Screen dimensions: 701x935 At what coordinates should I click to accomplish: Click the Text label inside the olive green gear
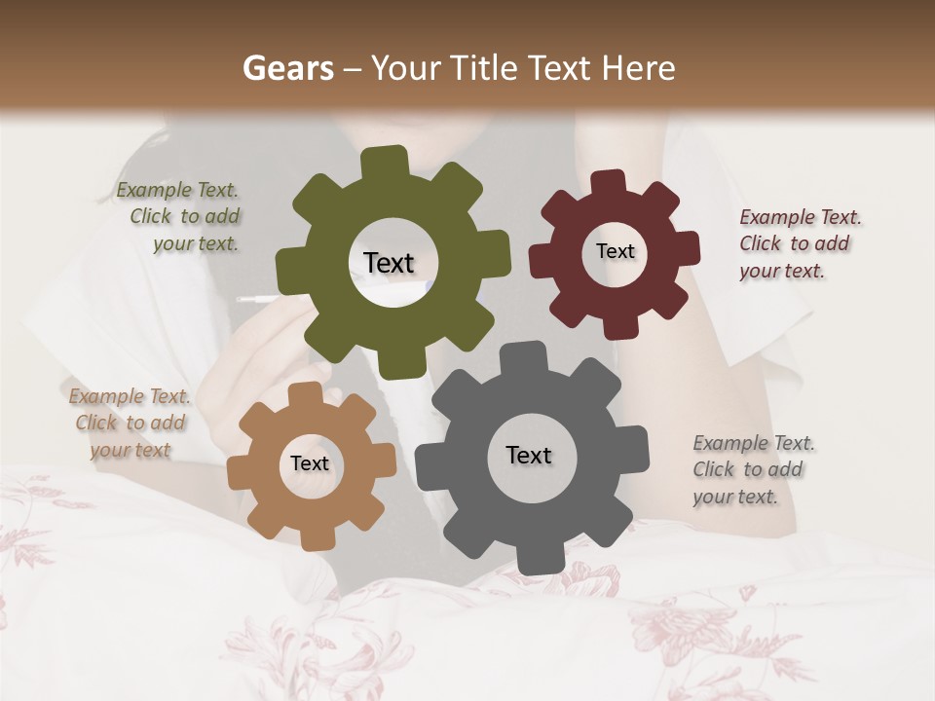[389, 263]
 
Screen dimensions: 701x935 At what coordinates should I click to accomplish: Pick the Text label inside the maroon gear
[615, 251]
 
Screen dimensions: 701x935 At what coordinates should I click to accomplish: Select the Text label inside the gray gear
[529, 455]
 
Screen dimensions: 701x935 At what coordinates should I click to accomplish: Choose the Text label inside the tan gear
[310, 463]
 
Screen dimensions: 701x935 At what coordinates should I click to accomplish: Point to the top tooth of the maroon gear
[608, 183]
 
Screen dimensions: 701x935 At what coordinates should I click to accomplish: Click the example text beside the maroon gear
[800, 244]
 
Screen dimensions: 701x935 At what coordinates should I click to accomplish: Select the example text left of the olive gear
[180, 217]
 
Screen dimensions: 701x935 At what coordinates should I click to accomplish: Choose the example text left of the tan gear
[130, 423]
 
